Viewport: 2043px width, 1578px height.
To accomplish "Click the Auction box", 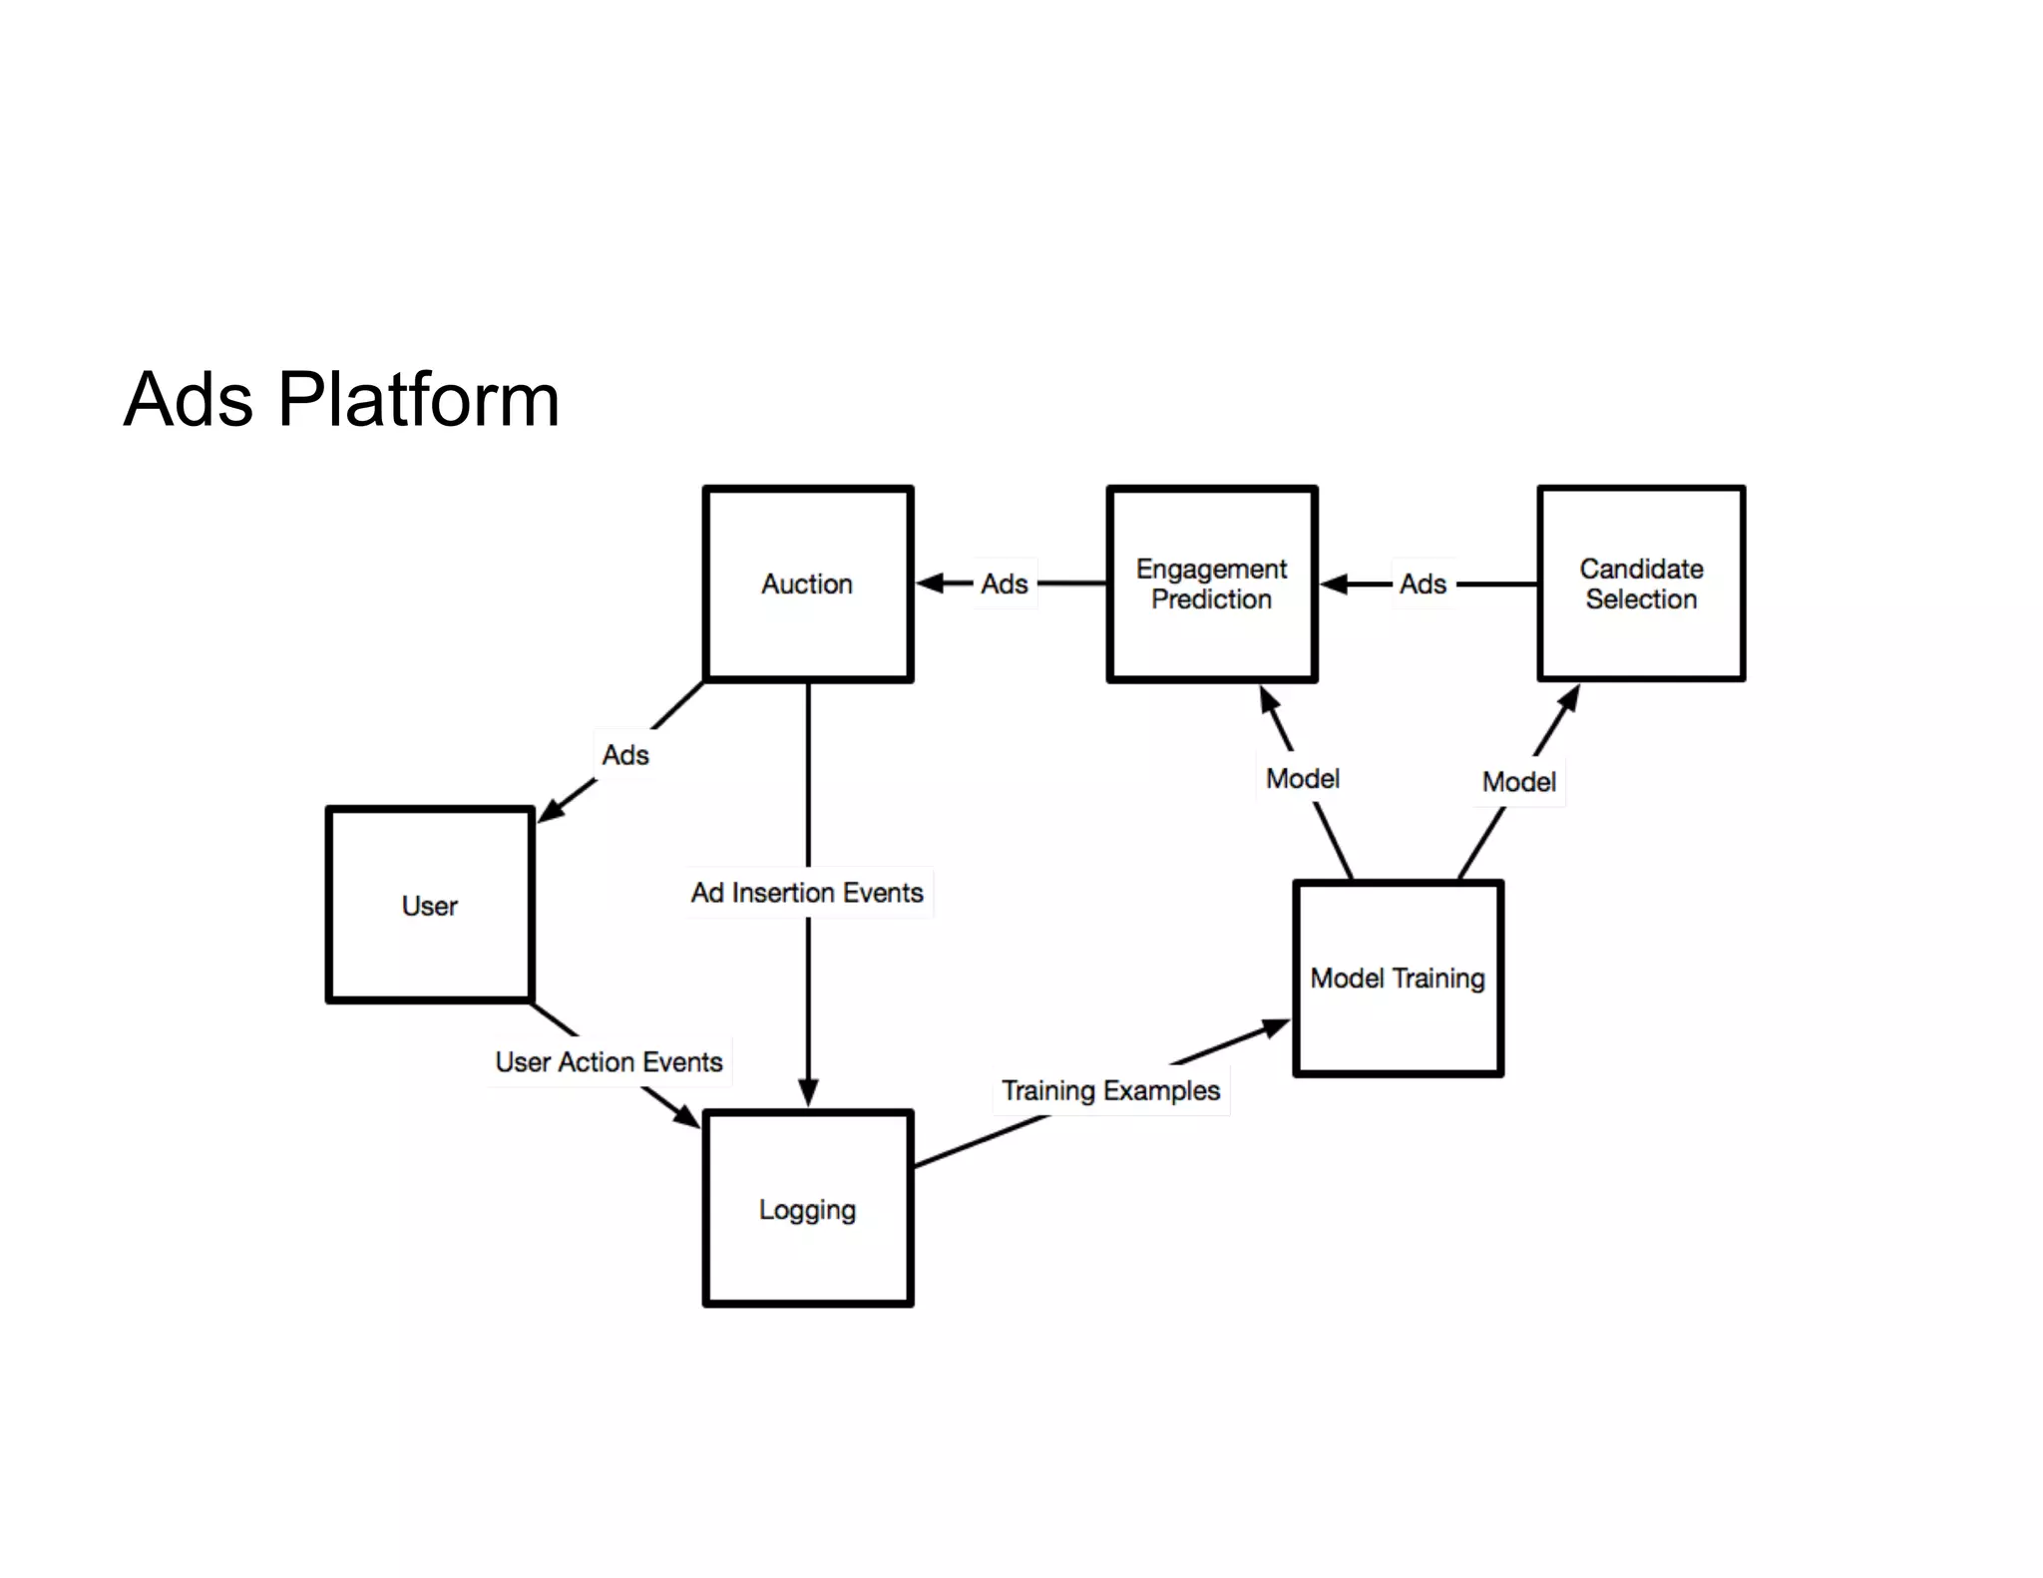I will coord(807,584).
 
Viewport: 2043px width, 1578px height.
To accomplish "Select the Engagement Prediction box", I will coord(1211,584).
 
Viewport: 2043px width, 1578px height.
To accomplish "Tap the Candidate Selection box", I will coord(1641,584).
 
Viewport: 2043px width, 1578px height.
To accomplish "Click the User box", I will coord(429,905).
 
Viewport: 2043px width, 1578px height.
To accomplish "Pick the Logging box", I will coord(807,1209).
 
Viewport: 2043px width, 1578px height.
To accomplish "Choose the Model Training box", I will coord(1397,978).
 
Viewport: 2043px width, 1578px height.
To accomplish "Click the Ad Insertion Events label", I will coord(807,892).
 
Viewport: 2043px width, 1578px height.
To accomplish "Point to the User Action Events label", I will coord(609,1061).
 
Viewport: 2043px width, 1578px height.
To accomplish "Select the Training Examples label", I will coord(1110,1090).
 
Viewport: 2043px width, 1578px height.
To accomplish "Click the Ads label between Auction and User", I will coord(625,755).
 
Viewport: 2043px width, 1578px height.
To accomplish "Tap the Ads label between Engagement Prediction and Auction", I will coord(1004,584).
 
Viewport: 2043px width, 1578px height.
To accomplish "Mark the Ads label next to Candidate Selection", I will coord(1423,584).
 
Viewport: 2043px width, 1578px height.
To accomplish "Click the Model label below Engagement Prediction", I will coord(1302,778).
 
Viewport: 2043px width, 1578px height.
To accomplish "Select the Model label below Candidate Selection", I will coord(1518,781).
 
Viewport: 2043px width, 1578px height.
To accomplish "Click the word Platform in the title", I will coord(418,399).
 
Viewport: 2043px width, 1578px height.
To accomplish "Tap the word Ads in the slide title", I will coord(189,399).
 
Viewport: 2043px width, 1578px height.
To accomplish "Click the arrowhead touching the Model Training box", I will coord(1276,1027).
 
